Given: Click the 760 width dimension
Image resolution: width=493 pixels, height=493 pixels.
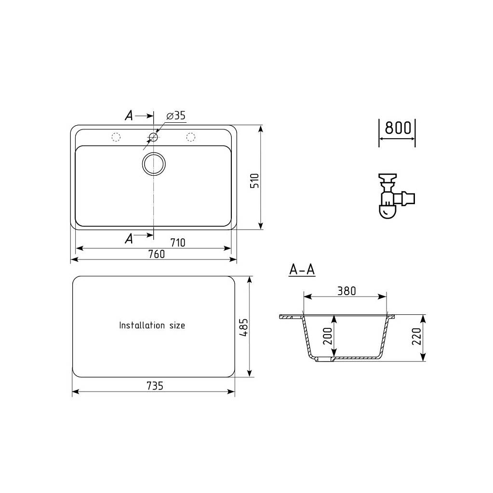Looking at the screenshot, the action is pyautogui.click(x=157, y=254).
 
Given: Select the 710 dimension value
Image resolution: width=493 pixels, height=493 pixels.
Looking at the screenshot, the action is pyautogui.click(x=178, y=243).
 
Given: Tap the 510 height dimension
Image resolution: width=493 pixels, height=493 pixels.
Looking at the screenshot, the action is pyautogui.click(x=254, y=181).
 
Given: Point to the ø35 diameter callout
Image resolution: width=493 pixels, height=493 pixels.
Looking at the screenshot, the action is pyautogui.click(x=176, y=116).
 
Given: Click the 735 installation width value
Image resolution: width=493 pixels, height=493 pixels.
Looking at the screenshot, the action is pyautogui.click(x=155, y=386).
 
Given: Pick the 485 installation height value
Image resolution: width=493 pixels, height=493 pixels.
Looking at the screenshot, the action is pyautogui.click(x=244, y=328).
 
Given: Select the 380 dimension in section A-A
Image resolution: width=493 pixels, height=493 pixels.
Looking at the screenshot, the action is pyautogui.click(x=346, y=291).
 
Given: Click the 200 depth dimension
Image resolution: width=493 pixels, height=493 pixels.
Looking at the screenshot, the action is pyautogui.click(x=328, y=336).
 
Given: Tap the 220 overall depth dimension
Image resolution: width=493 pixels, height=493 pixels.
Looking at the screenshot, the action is pyautogui.click(x=416, y=336).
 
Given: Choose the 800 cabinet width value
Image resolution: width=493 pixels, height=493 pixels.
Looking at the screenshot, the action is pyautogui.click(x=398, y=128).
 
